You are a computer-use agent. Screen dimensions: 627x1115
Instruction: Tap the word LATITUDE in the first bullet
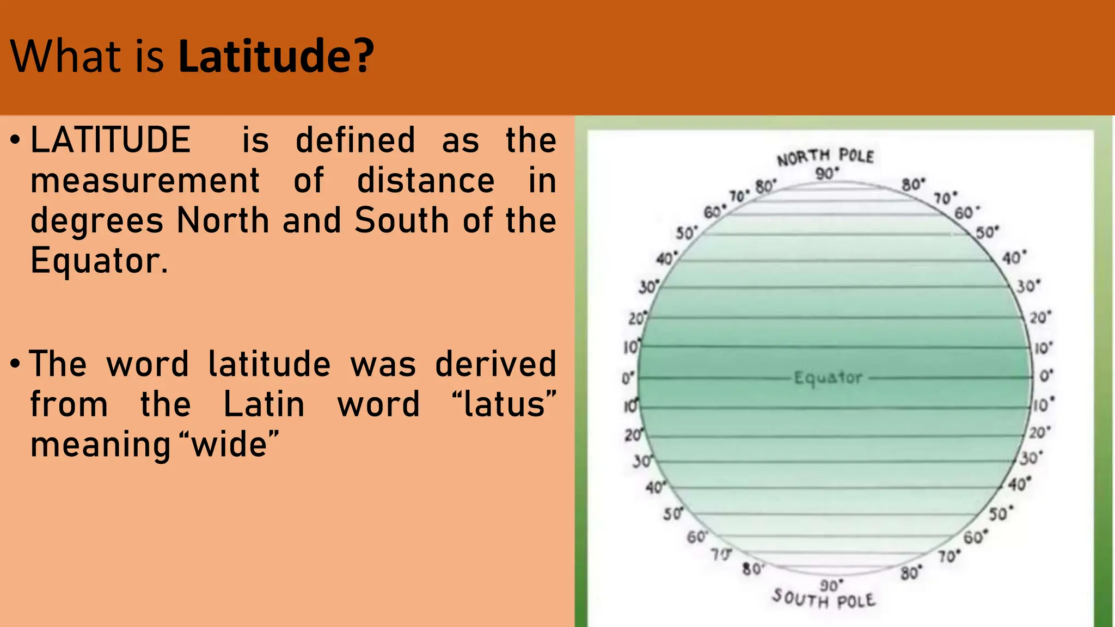coord(111,140)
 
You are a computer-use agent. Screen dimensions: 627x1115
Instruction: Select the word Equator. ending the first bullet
coord(99,261)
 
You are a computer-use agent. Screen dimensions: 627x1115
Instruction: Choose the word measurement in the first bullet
coord(145,181)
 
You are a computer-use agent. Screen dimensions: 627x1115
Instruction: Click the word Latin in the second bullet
coord(264,404)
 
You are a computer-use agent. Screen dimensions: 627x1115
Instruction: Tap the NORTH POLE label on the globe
coord(825,157)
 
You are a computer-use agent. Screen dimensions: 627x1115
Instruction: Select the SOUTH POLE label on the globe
coord(824,599)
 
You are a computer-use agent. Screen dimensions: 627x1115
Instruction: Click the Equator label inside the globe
coord(828,378)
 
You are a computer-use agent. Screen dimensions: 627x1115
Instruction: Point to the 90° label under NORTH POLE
coord(827,174)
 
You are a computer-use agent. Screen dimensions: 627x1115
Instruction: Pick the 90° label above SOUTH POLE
coord(831,585)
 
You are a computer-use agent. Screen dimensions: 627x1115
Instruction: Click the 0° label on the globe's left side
coord(628,378)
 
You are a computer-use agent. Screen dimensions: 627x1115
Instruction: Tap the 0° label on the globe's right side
coord(1046,376)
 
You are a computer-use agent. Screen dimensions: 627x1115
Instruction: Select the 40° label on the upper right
coord(1014,257)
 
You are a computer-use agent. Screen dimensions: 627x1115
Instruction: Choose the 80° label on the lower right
coord(910,573)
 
